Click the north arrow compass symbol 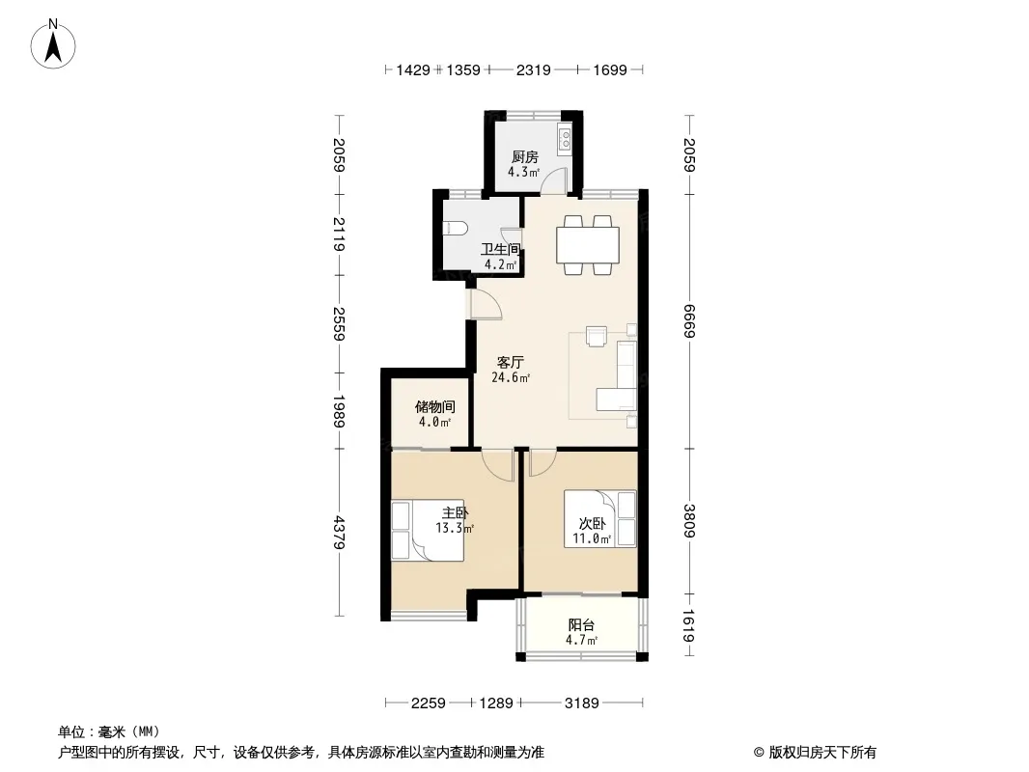(x=53, y=44)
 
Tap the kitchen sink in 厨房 (x=565, y=139)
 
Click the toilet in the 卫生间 (x=456, y=228)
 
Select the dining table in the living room (x=588, y=245)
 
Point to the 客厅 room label (x=510, y=362)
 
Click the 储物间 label (x=434, y=406)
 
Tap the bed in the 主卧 (x=428, y=531)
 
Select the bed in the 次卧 (x=600, y=519)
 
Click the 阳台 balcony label (x=581, y=625)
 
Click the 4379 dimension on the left (x=339, y=532)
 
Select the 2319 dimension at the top (x=533, y=69)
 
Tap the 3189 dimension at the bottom (x=581, y=703)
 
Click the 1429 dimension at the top (x=413, y=69)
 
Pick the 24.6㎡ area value (x=511, y=378)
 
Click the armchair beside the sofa (x=597, y=336)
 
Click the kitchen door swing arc (x=557, y=179)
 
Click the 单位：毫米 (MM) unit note (x=109, y=732)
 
